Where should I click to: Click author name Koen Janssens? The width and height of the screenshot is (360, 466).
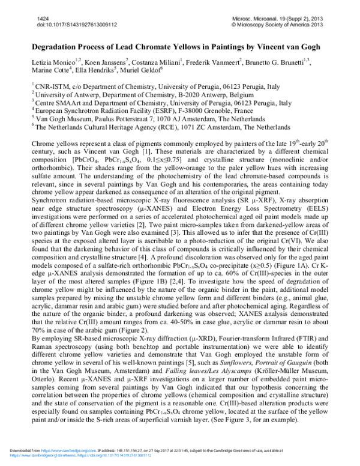click(x=105, y=62)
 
